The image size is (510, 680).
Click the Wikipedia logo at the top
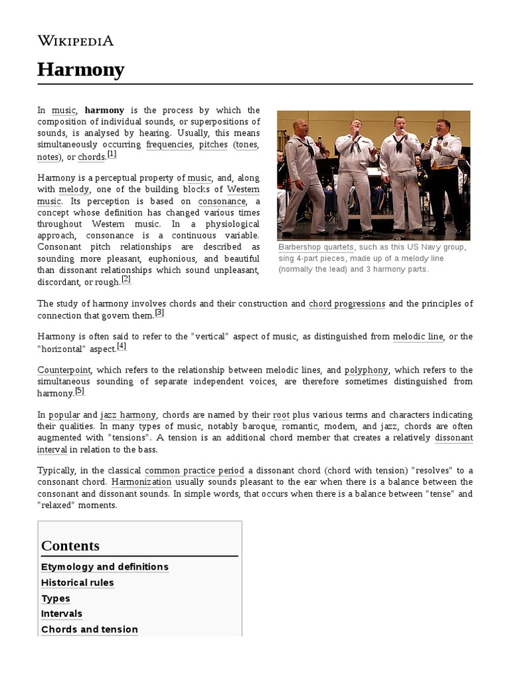75,41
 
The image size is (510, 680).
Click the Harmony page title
80,69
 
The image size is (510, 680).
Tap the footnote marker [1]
112,155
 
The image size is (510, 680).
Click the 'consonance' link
221,201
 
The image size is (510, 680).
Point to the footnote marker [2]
126,280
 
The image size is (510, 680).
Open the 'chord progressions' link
347,303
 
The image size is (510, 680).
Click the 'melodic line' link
418,337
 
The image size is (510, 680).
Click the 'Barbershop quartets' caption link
316,247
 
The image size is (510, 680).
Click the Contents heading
70,546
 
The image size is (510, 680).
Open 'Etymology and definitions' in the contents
105,567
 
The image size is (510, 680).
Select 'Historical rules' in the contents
78,583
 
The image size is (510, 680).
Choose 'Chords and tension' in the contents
90,630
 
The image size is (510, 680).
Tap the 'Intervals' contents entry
62,614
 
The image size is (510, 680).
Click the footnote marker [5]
80,391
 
